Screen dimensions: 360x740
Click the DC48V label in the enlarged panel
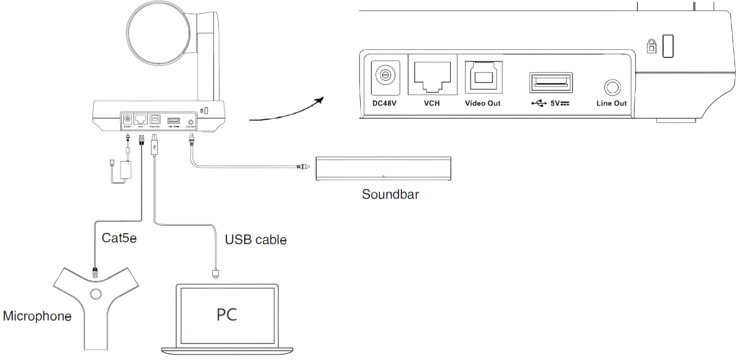385,103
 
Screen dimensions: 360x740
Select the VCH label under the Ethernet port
432,103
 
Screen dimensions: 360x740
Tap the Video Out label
482,103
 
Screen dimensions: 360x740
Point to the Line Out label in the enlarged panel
611,103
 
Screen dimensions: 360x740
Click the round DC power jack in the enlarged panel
385,75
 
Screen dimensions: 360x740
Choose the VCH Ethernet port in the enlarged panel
432,75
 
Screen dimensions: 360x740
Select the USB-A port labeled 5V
551,83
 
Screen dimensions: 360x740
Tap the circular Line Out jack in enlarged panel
612,86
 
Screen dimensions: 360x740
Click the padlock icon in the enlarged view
650,46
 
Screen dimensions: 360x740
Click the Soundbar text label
390,195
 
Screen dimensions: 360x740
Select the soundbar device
383,169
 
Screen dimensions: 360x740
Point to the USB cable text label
256,240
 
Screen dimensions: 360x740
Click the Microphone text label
37,317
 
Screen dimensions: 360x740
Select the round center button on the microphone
95,293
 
